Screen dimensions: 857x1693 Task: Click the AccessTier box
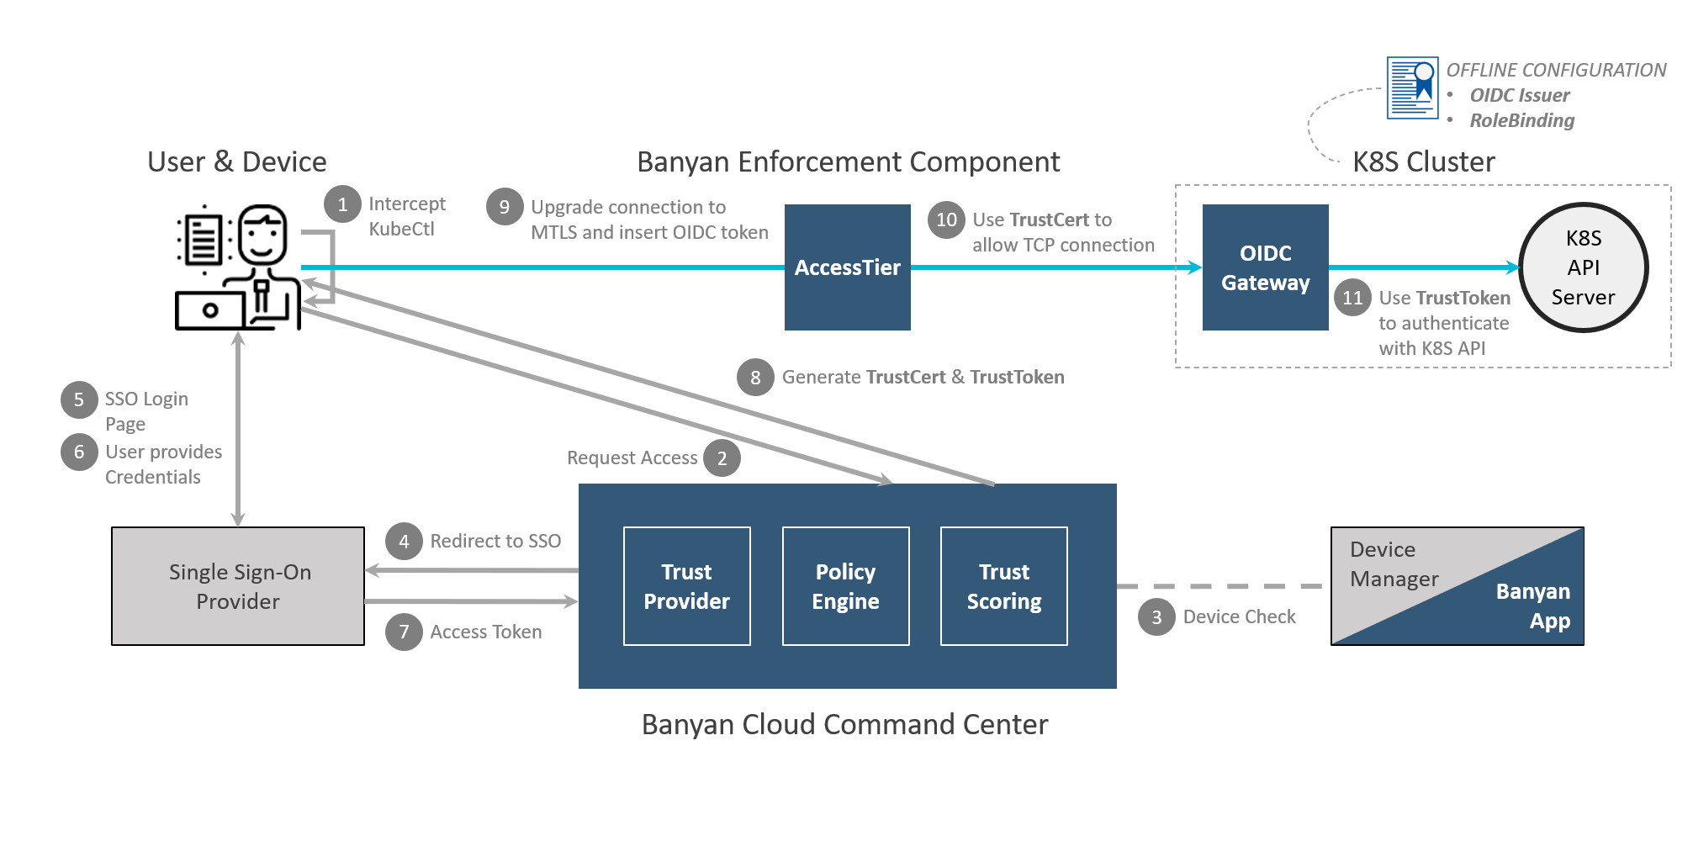[x=847, y=267]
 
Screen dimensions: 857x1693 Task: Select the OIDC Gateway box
[x=1265, y=267]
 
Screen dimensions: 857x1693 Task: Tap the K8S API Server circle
[x=1583, y=267]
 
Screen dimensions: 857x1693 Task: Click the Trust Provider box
[x=686, y=586]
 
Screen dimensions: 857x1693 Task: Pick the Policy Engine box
[x=845, y=586]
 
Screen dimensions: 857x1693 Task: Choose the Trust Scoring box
[x=1003, y=586]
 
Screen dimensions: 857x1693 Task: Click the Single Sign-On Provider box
[x=238, y=586]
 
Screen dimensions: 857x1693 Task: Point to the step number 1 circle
[x=342, y=204]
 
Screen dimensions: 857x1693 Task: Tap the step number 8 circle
[x=755, y=378]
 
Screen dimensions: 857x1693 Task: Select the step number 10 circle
[x=946, y=220]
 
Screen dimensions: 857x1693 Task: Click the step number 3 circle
[x=1156, y=617]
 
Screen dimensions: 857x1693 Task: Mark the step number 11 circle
[x=1352, y=298]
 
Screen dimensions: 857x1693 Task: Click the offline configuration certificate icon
[x=1412, y=87]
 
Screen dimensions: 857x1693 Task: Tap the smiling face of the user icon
[x=262, y=235]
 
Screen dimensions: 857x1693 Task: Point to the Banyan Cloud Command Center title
[x=844, y=724]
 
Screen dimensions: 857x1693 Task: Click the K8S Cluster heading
[x=1423, y=161]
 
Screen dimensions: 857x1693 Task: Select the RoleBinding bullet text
[x=1521, y=120]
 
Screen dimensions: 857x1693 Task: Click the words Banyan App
[x=1533, y=606]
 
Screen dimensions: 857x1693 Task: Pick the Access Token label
[x=485, y=632]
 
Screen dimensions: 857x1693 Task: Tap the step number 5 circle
[x=79, y=399]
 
